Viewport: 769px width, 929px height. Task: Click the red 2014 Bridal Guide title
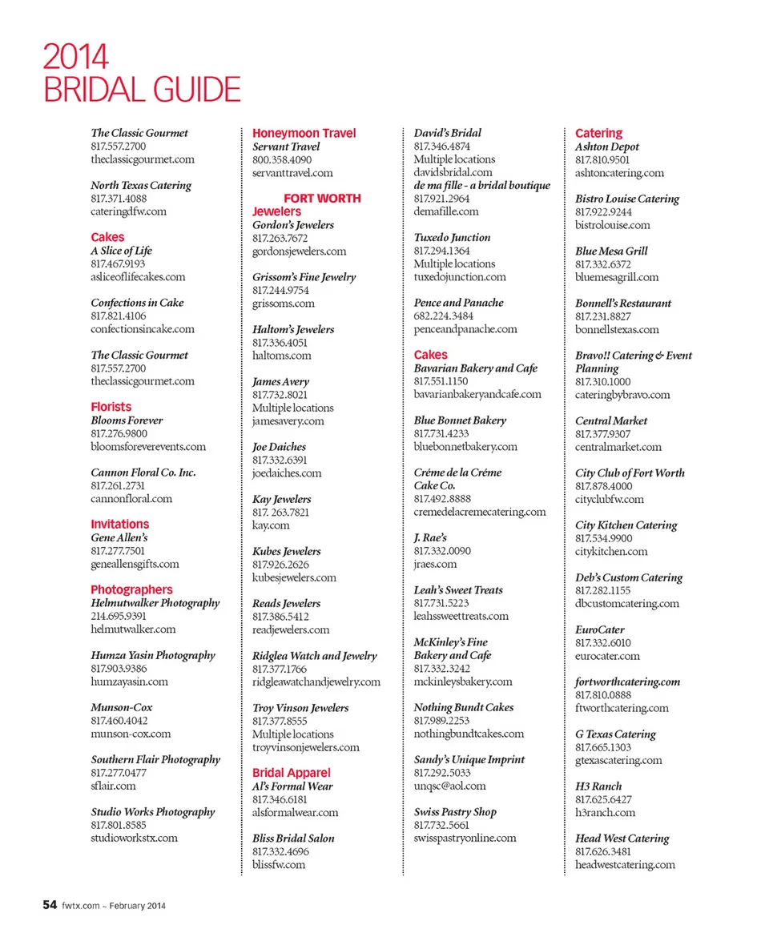[141, 73]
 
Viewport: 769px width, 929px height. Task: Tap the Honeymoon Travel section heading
[304, 133]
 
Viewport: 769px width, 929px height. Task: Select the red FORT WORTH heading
[322, 198]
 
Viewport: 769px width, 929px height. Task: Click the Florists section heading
[111, 407]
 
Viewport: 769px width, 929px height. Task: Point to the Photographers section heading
[131, 589]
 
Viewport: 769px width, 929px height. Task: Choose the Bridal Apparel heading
[291, 773]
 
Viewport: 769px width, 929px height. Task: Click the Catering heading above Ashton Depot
[598, 133]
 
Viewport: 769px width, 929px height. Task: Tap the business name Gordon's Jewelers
[292, 225]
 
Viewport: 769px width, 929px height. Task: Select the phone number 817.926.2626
[280, 564]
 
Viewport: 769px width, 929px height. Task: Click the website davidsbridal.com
[453, 172]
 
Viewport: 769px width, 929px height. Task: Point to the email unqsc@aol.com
[449, 786]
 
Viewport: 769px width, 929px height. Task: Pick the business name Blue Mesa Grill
[611, 251]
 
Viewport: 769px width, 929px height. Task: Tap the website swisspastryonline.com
[465, 838]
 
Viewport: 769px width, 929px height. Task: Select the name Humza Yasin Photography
[152, 655]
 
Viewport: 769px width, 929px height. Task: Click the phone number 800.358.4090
[282, 159]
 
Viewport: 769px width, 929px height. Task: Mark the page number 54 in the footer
[50, 905]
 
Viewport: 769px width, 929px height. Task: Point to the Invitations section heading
[119, 524]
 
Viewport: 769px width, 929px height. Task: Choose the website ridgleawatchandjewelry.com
[316, 682]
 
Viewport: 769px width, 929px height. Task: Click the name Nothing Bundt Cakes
[463, 707]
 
